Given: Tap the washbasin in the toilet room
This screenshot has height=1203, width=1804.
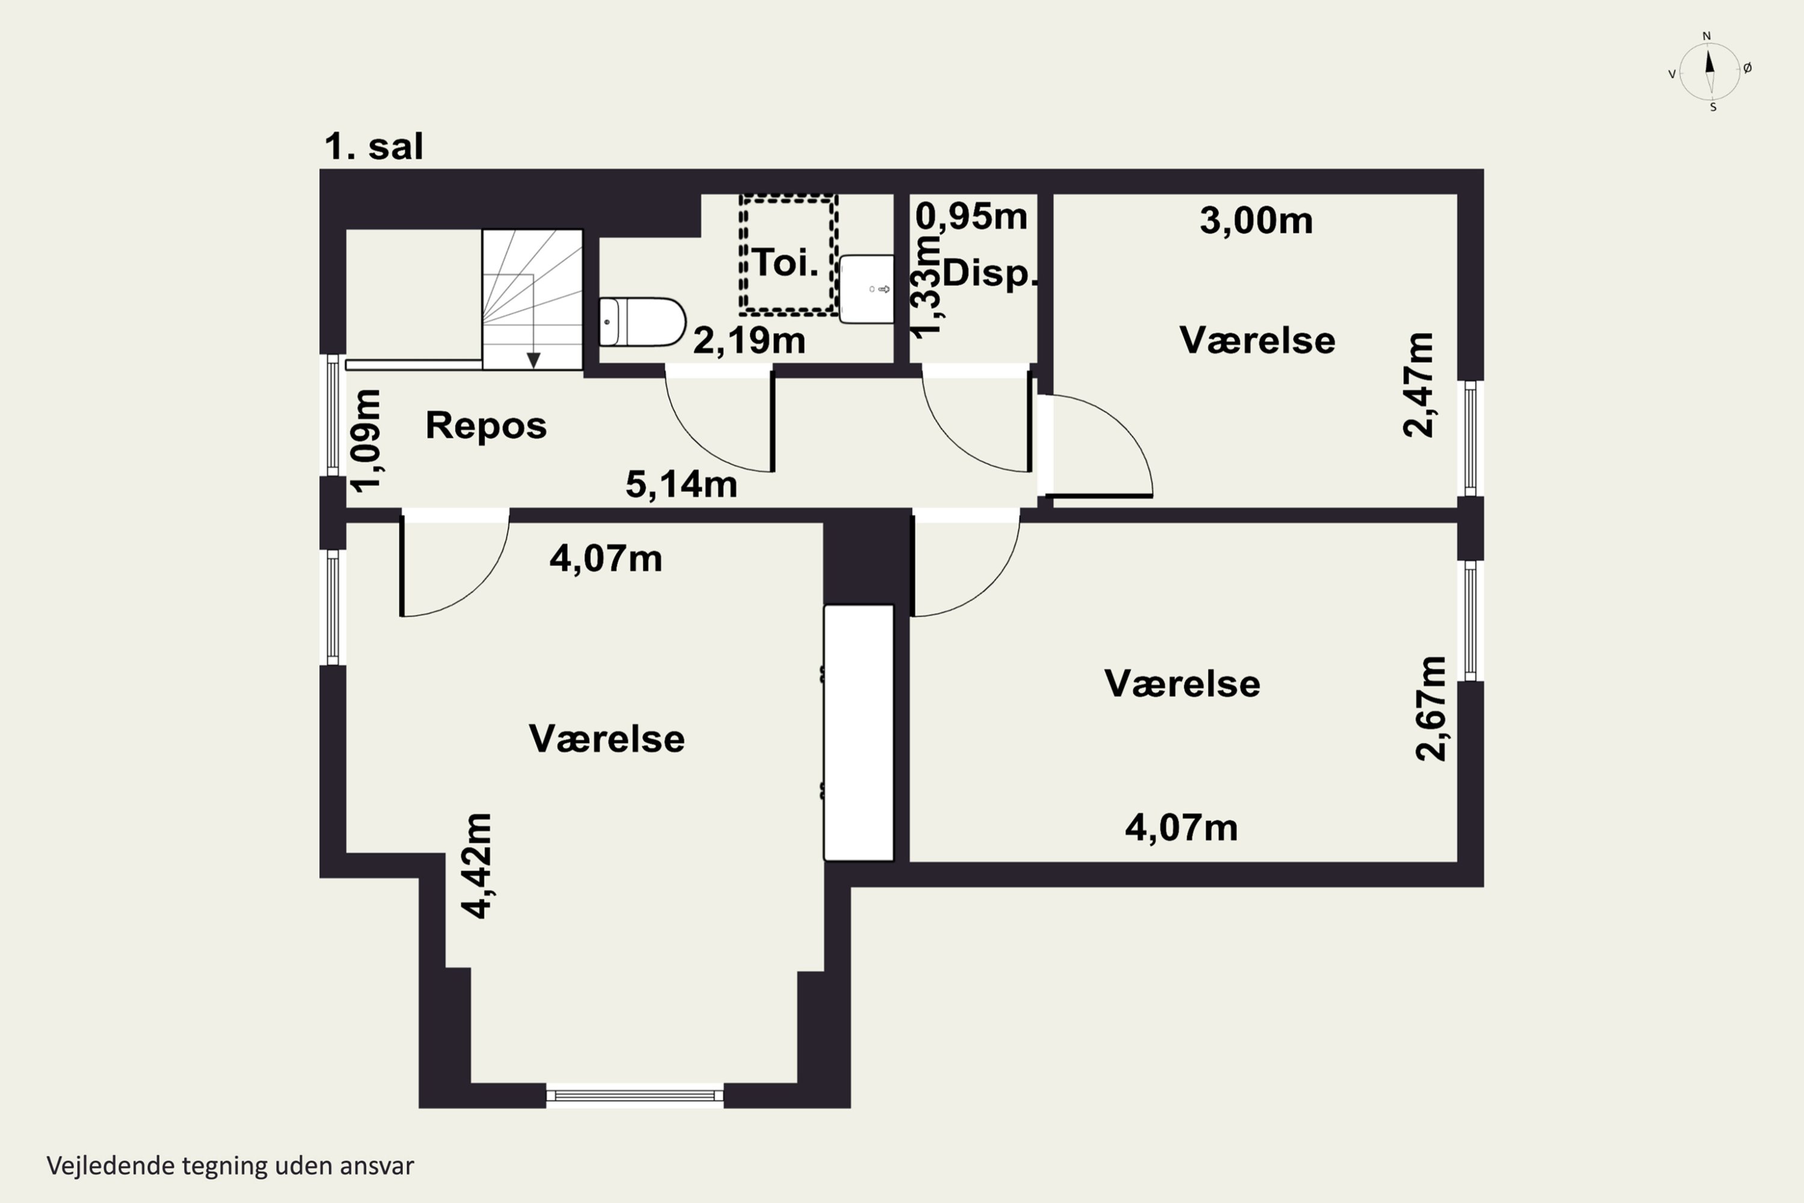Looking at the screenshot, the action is click(x=867, y=289).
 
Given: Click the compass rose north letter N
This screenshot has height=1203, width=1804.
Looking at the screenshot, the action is click(x=1707, y=36).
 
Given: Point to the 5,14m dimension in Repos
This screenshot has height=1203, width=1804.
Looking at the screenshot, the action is click(x=681, y=485).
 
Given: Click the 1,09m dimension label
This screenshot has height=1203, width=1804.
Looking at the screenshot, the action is click(x=366, y=440).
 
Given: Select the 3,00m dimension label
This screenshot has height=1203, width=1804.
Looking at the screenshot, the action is click(x=1256, y=221).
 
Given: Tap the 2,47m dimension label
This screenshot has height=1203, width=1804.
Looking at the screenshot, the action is click(x=1418, y=385).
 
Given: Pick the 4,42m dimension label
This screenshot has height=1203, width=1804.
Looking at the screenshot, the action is click(x=476, y=866).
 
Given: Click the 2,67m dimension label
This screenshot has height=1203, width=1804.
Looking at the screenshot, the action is click(x=1431, y=709).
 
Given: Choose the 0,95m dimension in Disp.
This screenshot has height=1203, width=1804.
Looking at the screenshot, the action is click(x=971, y=217).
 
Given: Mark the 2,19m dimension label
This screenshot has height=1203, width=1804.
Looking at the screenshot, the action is click(x=749, y=340).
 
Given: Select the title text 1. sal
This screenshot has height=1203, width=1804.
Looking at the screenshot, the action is click(x=373, y=146).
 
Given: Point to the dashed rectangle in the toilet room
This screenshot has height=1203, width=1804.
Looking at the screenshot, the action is click(x=788, y=254).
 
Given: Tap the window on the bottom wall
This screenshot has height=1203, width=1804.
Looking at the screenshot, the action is click(x=635, y=1095).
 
